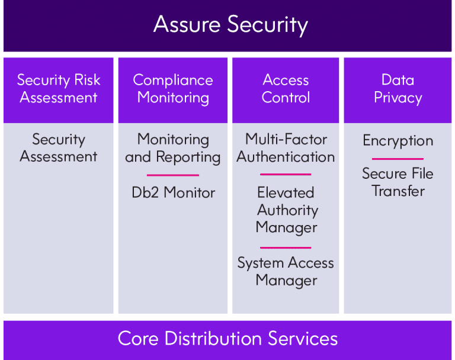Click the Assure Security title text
click(x=230, y=25)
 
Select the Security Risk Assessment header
click(x=58, y=88)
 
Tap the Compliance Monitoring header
click(x=173, y=89)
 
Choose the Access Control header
click(x=286, y=88)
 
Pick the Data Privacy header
click(x=398, y=89)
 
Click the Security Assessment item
click(x=58, y=148)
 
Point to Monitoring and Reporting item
click(x=173, y=149)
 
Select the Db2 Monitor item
click(x=173, y=192)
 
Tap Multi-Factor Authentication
click(x=286, y=148)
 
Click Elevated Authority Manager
click(x=286, y=210)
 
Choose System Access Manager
click(x=286, y=272)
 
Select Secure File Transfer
click(x=398, y=182)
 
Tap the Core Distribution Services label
click(x=227, y=339)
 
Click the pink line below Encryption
click(x=398, y=159)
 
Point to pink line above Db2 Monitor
click(x=173, y=175)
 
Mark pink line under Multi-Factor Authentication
click(x=286, y=174)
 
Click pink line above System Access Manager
click(x=286, y=247)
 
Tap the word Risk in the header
click(x=87, y=80)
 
